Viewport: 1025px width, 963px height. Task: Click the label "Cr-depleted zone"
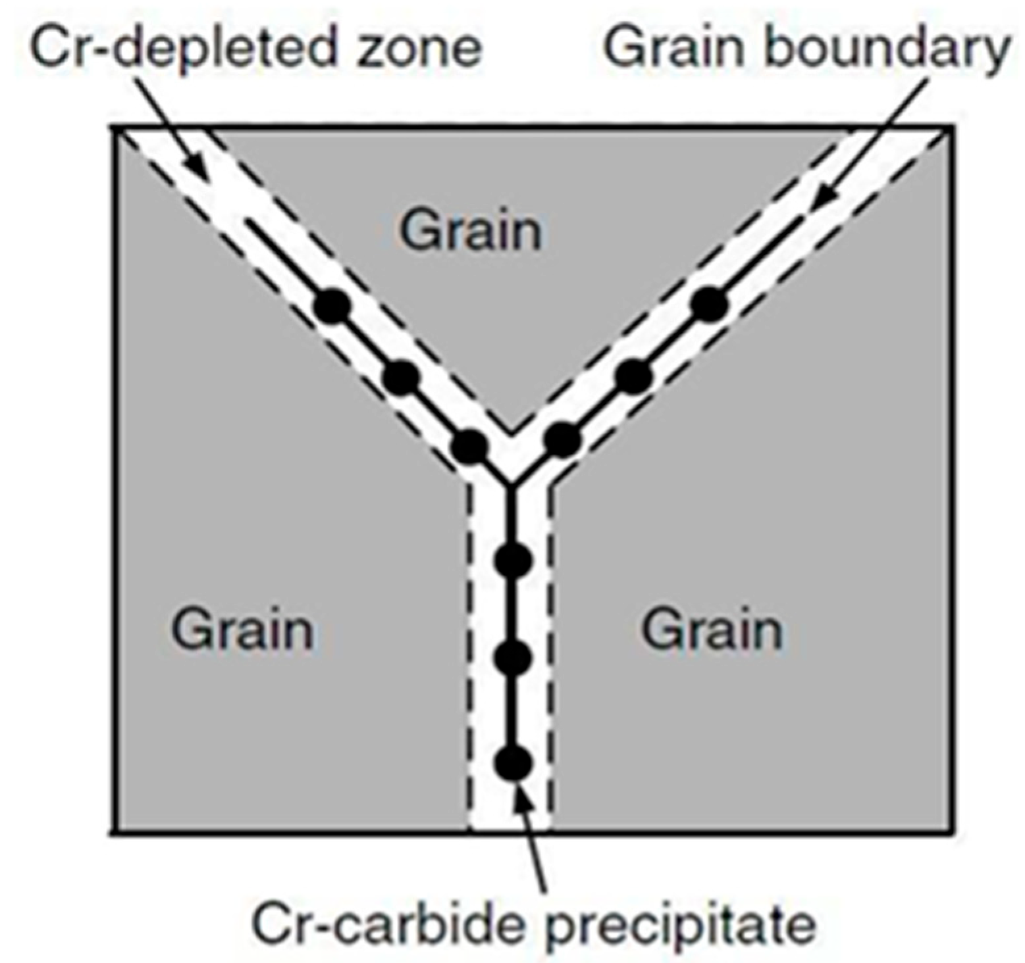click(255, 47)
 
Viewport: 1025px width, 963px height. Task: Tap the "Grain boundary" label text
click(807, 47)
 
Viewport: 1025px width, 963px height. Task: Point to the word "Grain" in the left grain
click(242, 630)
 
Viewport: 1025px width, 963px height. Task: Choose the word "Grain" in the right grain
click(712, 630)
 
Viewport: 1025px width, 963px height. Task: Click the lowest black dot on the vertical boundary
click(513, 763)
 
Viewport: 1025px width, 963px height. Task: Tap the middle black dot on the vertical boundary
click(513, 658)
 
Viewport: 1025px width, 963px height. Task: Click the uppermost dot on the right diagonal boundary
click(710, 305)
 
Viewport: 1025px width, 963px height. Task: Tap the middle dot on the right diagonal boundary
click(634, 376)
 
